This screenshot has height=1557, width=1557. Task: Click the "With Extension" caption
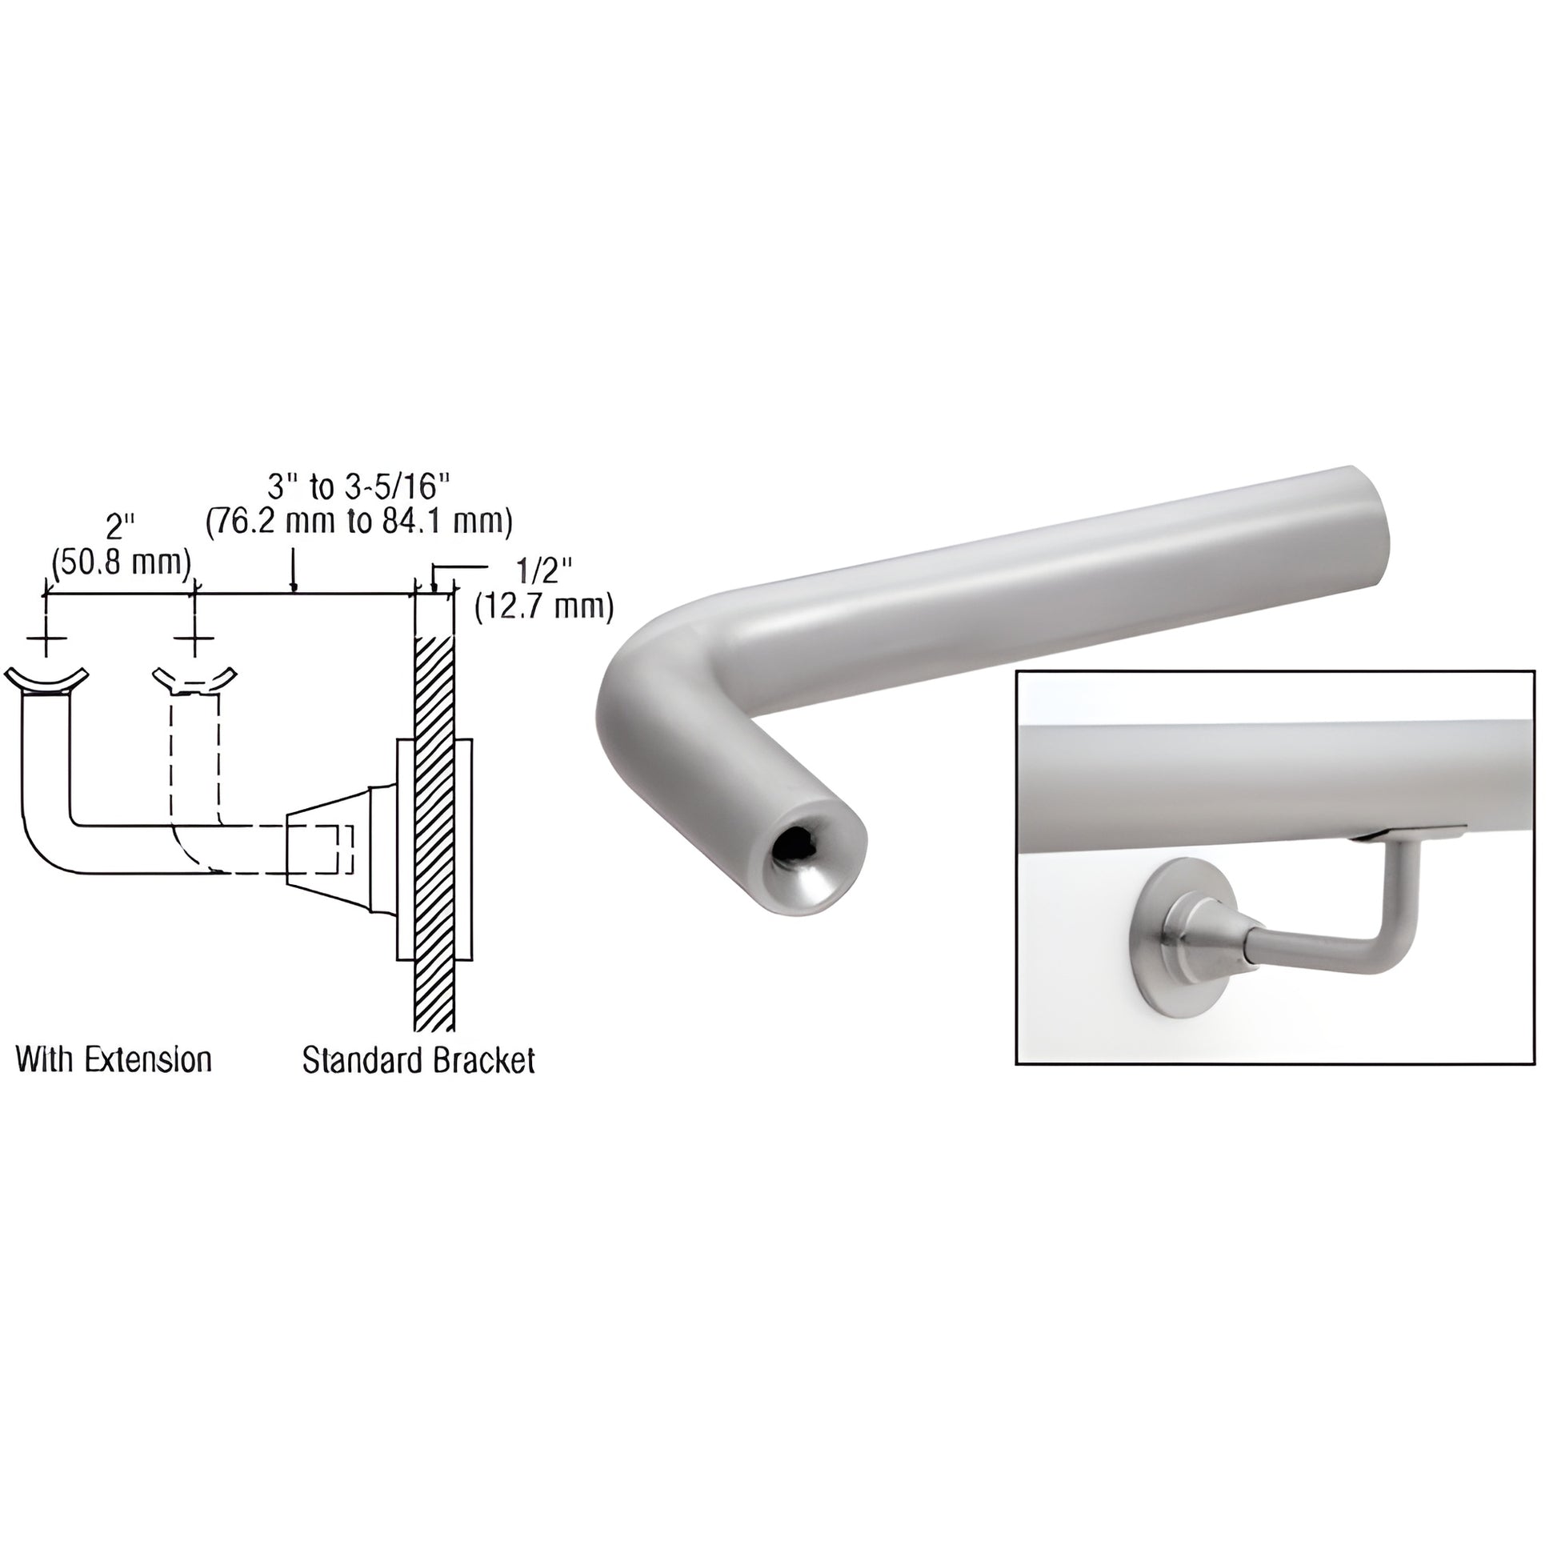click(114, 1059)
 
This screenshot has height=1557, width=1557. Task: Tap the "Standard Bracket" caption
click(418, 1060)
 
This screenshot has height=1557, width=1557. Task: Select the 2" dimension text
click(119, 529)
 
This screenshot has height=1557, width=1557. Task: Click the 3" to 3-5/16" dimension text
click(358, 486)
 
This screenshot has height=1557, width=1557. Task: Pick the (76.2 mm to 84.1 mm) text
click(358, 522)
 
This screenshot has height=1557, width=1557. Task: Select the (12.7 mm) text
click(544, 606)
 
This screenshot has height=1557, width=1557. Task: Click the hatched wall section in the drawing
click(434, 830)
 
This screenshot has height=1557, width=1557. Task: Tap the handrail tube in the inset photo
click(1273, 771)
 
